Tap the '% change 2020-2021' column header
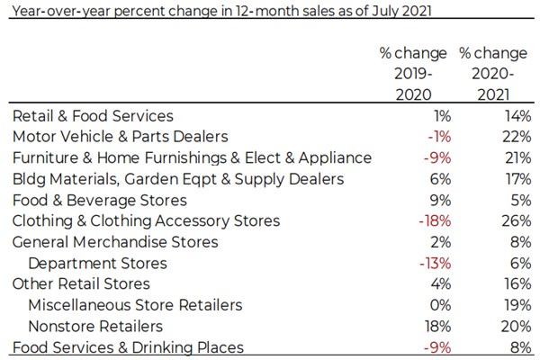[493, 73]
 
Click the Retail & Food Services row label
[93, 116]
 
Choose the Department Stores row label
[97, 264]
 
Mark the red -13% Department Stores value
[435, 264]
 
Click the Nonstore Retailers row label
[95, 327]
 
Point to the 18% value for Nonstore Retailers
[436, 327]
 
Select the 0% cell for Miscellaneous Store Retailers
[439, 305]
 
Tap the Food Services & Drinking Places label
[128, 347]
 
